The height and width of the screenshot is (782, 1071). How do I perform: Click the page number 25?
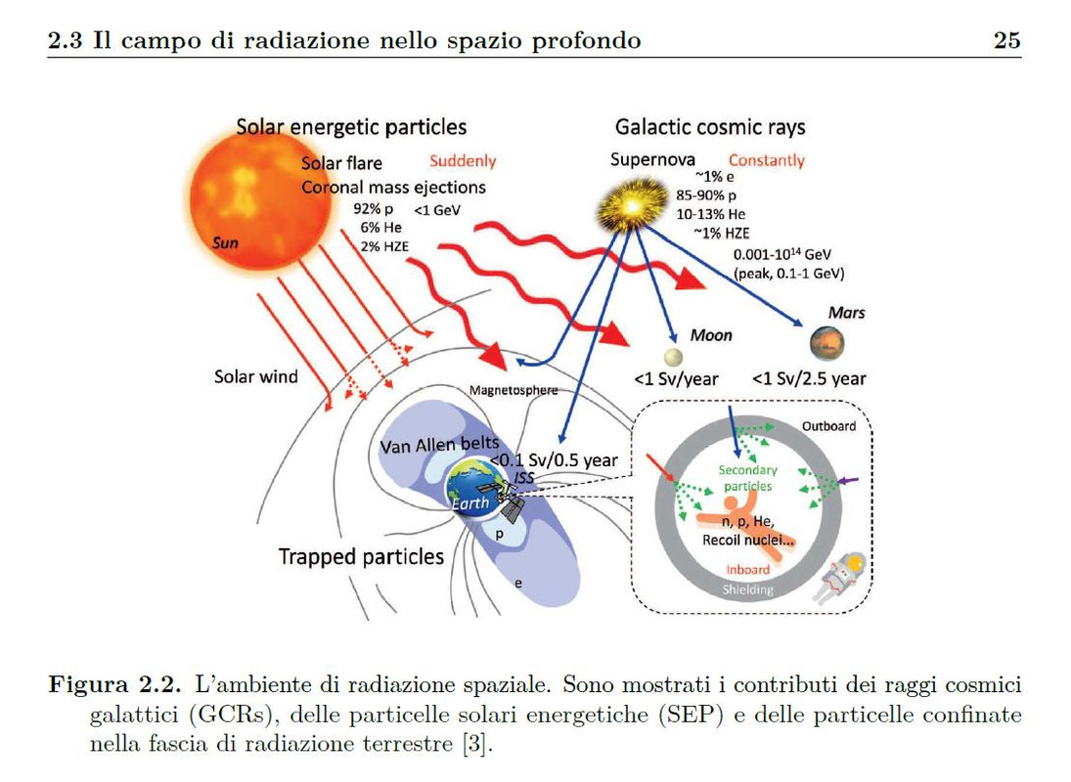tap(1006, 40)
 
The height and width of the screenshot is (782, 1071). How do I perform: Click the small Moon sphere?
tap(672, 356)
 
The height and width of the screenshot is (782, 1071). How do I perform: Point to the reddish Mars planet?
tap(826, 342)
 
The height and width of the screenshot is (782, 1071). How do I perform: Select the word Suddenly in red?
tap(463, 161)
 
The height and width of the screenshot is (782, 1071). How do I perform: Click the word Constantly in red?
tap(766, 159)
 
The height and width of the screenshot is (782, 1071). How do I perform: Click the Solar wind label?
tap(256, 376)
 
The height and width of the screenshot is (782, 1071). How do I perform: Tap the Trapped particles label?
tap(361, 557)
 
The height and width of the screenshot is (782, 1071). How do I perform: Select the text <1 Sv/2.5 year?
tap(809, 378)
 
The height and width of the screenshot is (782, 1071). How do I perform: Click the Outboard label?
tap(828, 426)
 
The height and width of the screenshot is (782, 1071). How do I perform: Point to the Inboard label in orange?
tap(747, 569)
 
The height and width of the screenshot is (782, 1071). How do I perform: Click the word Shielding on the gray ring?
tap(747, 589)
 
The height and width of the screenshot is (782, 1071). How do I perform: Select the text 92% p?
tap(374, 209)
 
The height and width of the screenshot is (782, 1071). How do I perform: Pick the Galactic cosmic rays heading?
tap(710, 127)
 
